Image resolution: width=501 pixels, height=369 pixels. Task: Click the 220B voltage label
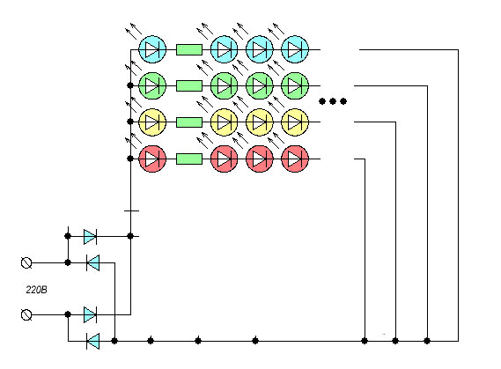click(x=36, y=290)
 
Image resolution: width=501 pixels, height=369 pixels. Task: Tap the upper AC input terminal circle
click(x=26, y=263)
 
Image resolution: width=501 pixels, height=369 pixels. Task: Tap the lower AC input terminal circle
click(x=26, y=314)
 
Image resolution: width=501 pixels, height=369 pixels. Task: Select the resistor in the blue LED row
click(x=189, y=50)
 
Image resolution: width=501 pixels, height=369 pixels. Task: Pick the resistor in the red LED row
click(x=189, y=159)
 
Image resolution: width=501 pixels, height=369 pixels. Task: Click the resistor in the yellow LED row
click(x=189, y=122)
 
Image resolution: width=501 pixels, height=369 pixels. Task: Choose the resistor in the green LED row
click(x=189, y=85)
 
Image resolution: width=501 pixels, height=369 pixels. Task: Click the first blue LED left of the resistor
click(x=152, y=49)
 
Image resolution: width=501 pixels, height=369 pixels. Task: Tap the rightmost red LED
click(x=295, y=159)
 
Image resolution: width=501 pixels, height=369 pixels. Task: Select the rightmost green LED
click(x=295, y=85)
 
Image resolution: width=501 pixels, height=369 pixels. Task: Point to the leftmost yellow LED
click(x=152, y=122)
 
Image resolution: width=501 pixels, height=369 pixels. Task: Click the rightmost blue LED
click(x=295, y=49)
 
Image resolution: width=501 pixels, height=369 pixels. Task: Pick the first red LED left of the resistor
click(x=152, y=159)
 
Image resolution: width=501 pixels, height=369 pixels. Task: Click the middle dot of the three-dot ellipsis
click(x=333, y=101)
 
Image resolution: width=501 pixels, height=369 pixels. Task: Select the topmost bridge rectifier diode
click(x=90, y=236)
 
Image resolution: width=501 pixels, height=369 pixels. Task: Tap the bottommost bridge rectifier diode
click(x=93, y=341)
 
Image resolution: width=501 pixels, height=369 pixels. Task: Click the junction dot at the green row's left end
click(x=130, y=85)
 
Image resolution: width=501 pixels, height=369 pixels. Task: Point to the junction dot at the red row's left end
click(x=130, y=159)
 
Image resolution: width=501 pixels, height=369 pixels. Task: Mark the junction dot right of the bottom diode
click(x=114, y=341)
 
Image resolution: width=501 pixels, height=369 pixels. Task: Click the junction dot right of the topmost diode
click(x=130, y=236)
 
